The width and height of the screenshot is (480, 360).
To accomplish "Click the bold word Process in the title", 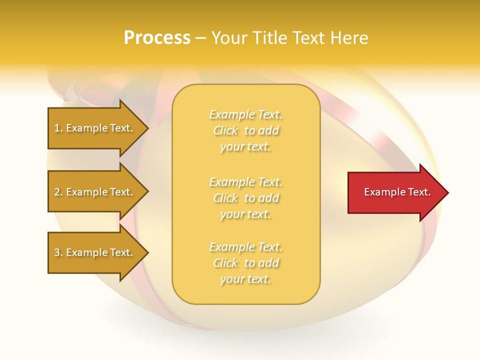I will pos(157,38).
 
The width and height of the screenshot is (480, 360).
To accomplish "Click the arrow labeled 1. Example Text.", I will pos(95,128).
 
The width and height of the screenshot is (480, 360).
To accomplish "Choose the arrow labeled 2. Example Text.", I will pos(95,192).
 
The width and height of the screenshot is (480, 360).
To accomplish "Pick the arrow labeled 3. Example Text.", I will pos(95,252).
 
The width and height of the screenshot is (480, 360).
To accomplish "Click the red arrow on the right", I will pos(395,192).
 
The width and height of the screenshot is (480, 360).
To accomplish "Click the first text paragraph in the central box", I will pos(245,130).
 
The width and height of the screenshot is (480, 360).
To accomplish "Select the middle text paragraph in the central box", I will pos(245,198).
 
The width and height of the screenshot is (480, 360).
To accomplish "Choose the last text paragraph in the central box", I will pos(245,263).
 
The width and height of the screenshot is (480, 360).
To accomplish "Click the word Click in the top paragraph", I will pos(225,131).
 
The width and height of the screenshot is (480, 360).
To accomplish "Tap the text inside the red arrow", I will pos(397,192).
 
